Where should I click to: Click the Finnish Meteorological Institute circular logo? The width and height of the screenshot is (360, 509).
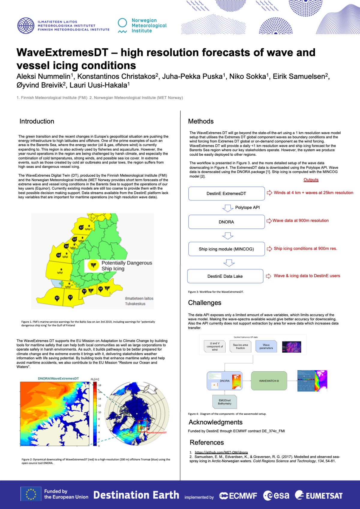[x=26, y=25]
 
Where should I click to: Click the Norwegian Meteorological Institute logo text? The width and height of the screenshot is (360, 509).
[x=149, y=25]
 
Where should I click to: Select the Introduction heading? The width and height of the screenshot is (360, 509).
[x=37, y=121]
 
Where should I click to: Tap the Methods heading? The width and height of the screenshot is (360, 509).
[x=201, y=121]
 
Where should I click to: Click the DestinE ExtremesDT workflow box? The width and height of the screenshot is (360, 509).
[x=226, y=193]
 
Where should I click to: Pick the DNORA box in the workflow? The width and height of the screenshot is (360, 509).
[x=226, y=222]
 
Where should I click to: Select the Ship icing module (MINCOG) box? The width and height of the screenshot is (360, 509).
[x=226, y=249]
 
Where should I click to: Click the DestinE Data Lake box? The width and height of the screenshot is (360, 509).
[x=225, y=276]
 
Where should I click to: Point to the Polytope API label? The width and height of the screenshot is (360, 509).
[x=247, y=208]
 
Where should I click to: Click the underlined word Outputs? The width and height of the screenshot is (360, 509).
[x=311, y=180]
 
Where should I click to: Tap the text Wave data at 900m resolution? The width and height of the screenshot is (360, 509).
[x=300, y=220]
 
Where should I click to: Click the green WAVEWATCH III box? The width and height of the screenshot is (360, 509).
[x=269, y=381]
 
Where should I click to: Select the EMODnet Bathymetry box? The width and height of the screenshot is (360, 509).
[x=225, y=402]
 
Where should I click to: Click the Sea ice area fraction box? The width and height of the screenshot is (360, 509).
[x=240, y=346]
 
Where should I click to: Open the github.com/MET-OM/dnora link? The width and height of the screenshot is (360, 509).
[x=221, y=452]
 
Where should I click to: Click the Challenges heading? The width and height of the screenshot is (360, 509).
[x=205, y=303]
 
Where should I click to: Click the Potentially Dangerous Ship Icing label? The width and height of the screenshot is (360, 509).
[x=126, y=266]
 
